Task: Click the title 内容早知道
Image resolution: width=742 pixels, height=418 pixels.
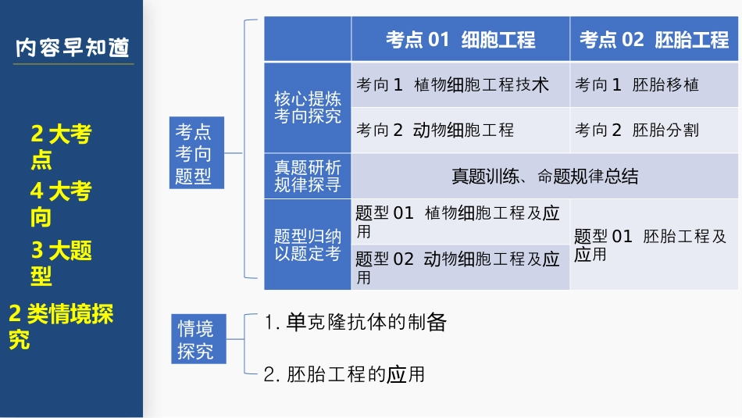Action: click(x=73, y=48)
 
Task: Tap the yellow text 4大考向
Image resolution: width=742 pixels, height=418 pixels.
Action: click(x=61, y=203)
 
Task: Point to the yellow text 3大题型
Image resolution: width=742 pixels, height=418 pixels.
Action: click(x=61, y=262)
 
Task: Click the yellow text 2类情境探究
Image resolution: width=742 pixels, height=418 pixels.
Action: click(x=61, y=326)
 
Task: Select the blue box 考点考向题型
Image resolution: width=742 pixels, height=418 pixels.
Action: click(x=197, y=153)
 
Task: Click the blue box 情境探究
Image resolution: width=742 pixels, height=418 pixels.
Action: click(x=198, y=338)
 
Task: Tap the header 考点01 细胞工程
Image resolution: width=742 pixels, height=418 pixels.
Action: click(x=460, y=40)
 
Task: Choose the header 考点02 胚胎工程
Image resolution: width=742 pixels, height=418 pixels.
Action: click(x=655, y=40)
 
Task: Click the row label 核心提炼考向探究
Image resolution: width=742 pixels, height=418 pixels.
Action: click(x=307, y=108)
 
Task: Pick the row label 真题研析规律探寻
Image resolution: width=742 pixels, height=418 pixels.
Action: click(x=307, y=176)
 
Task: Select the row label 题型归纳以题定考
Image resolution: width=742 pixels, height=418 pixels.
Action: click(x=307, y=245)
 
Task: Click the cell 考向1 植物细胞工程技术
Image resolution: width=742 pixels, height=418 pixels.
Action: click(x=452, y=85)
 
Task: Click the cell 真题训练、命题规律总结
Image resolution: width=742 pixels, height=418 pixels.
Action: click(x=544, y=176)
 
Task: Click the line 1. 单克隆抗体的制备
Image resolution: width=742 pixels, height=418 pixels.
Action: click(x=355, y=322)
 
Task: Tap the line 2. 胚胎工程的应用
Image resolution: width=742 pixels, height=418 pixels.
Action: click(x=344, y=374)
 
